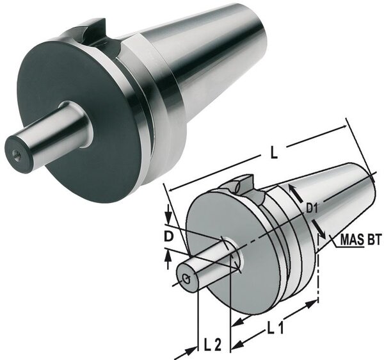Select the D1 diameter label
pos(312,209)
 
